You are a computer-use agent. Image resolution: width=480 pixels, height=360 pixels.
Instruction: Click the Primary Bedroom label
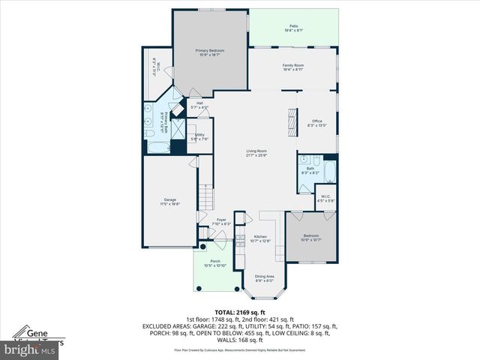click(211, 52)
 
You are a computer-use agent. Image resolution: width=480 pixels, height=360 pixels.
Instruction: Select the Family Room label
click(293, 67)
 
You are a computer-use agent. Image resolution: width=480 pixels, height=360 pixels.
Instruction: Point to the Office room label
click(317, 123)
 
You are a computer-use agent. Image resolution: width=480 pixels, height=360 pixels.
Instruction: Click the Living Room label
click(257, 153)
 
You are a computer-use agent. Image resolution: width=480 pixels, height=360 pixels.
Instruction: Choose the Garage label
click(170, 202)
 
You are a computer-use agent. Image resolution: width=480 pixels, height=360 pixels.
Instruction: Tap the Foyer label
click(221, 222)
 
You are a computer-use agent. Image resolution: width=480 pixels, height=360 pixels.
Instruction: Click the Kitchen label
click(260, 238)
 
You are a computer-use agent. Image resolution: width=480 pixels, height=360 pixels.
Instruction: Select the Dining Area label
click(265, 278)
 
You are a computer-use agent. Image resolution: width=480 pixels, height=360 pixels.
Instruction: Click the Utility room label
click(199, 137)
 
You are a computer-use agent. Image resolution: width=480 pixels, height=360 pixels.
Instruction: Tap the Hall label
click(199, 106)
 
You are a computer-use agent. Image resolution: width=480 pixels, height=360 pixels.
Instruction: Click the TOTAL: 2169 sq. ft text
click(240, 312)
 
